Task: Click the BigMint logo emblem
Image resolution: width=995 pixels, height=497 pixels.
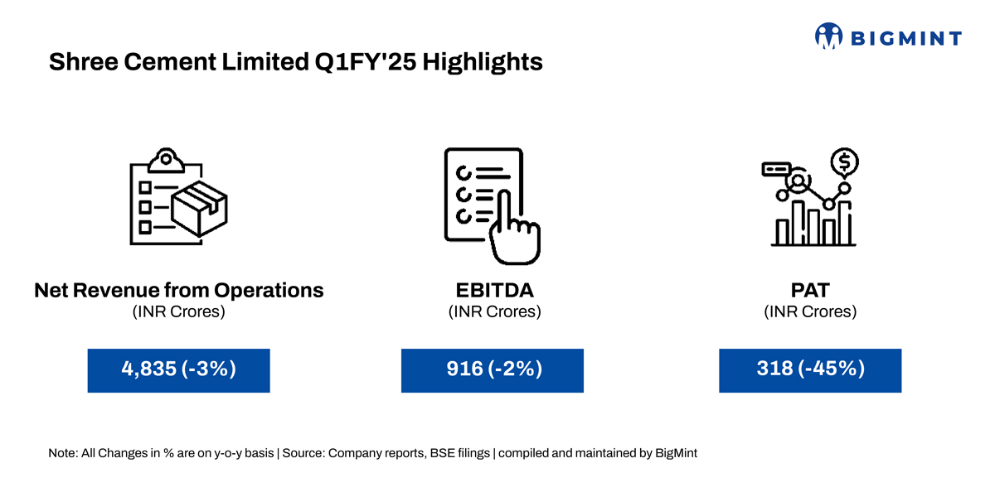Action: coord(828,36)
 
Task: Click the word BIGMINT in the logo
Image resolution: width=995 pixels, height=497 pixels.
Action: coord(906,39)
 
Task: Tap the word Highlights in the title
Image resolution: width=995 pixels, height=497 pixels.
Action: coord(483,61)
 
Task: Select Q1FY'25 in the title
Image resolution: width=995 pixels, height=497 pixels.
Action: coord(366,61)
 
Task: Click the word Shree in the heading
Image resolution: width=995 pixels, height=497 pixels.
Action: coord(83,61)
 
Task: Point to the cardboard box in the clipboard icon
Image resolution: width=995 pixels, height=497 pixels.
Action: coord(200,209)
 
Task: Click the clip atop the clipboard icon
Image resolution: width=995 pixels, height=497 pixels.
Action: coord(166,160)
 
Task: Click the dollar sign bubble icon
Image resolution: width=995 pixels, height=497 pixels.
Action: coord(844,162)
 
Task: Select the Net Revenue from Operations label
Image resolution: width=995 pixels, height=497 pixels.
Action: coord(179,290)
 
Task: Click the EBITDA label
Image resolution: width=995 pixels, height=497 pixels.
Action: coord(494,290)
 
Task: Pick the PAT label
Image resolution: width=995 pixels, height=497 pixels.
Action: coord(810,290)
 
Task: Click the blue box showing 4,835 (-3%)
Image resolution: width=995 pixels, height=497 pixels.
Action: coord(178,370)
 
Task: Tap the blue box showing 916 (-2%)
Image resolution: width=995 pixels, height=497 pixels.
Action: coord(493,370)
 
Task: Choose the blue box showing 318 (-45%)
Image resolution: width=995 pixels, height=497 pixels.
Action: coord(810,370)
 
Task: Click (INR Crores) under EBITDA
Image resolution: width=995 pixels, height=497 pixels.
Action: coord(494,311)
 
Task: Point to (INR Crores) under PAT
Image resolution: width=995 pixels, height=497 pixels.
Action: coord(810,311)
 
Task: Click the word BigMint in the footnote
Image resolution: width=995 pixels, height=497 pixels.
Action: coord(676,453)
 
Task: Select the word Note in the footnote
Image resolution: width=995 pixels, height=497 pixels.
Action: coord(62,453)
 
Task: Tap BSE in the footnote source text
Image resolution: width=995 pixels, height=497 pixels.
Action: coord(439,453)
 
